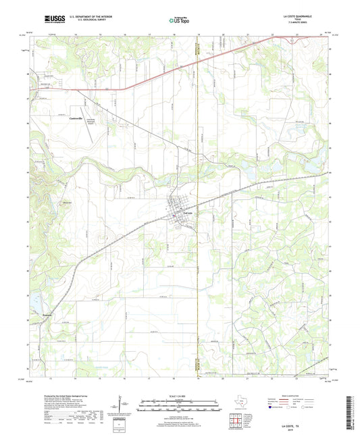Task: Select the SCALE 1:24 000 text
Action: (x=180, y=396)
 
